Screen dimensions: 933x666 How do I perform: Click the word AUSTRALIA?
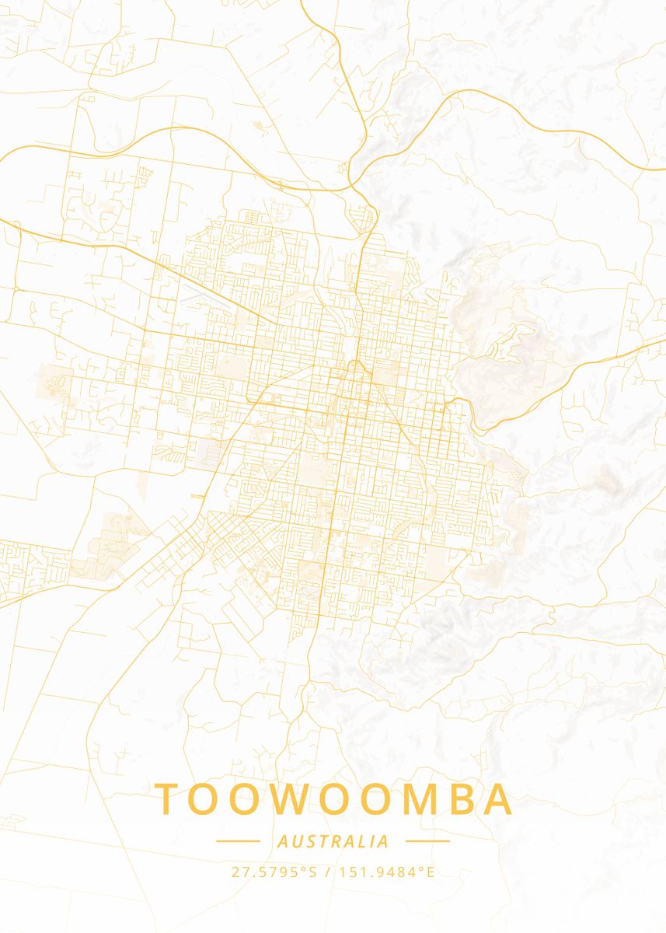coord(333,841)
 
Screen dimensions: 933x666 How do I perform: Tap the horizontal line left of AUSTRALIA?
coord(237,841)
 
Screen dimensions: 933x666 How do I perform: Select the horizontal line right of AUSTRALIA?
coord(427,841)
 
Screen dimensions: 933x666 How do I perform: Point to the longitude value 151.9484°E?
coord(385,872)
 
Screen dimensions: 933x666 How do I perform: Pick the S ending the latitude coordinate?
coord(313,872)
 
